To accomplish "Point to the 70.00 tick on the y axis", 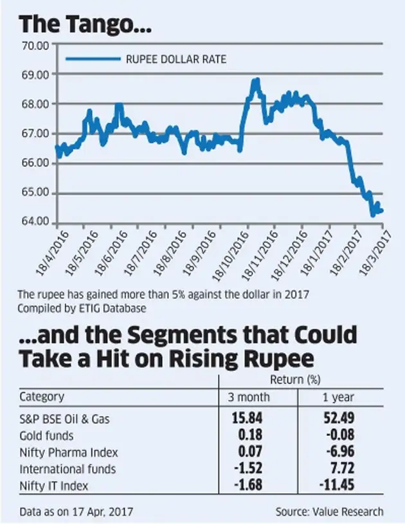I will click(x=35, y=45).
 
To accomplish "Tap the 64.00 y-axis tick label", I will click(x=35, y=222).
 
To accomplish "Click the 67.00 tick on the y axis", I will click(x=35, y=134).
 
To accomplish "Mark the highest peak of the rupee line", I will click(x=256, y=80).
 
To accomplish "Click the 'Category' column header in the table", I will click(x=41, y=397).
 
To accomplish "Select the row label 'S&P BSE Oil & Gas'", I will click(x=64, y=419).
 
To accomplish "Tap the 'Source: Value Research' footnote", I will click(x=329, y=512).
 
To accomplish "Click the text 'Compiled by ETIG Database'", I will click(x=80, y=308).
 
